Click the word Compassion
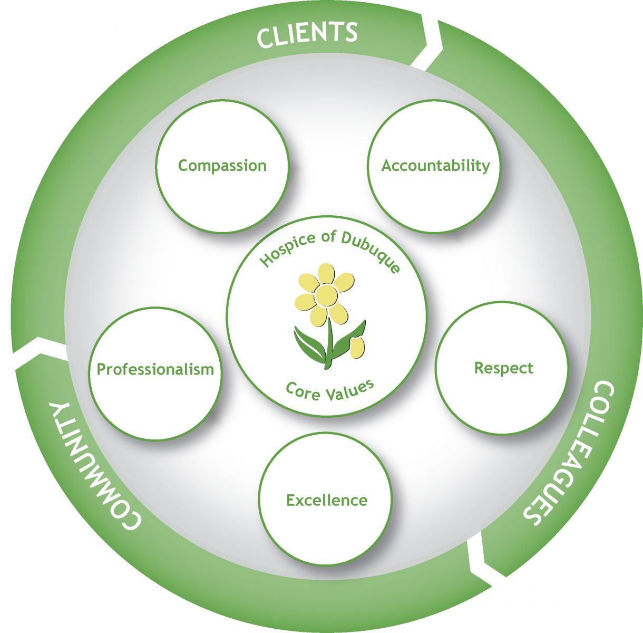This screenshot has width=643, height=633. pyautogui.click(x=222, y=166)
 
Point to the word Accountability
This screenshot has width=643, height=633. pyautogui.click(x=435, y=166)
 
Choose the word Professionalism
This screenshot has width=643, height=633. pyautogui.click(x=155, y=369)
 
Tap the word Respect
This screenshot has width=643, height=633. pyautogui.click(x=503, y=368)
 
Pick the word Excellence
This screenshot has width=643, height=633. pyautogui.click(x=326, y=500)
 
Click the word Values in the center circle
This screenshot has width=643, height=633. pyautogui.click(x=350, y=390)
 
